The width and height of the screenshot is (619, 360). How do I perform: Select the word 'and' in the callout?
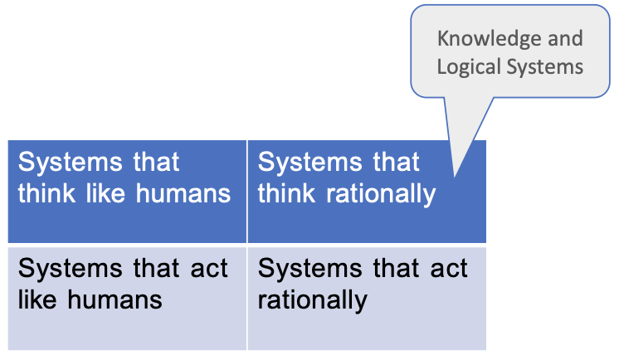(565, 38)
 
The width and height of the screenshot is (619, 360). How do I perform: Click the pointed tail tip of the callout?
(455, 177)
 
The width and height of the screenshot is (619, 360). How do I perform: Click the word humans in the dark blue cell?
(183, 193)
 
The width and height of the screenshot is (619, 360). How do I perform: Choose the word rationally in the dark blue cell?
(380, 195)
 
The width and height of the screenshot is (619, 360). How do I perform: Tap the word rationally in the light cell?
(312, 301)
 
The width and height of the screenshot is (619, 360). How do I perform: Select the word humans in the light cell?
(115, 299)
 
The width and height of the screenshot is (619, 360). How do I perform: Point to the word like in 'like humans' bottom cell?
(37, 299)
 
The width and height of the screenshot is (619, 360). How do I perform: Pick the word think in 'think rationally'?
(286, 193)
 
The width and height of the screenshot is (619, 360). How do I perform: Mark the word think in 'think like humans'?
(46, 193)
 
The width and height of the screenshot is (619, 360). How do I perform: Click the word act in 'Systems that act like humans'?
(209, 269)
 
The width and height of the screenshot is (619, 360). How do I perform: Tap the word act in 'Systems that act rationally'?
(449, 269)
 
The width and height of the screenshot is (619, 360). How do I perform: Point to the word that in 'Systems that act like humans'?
(156, 269)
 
